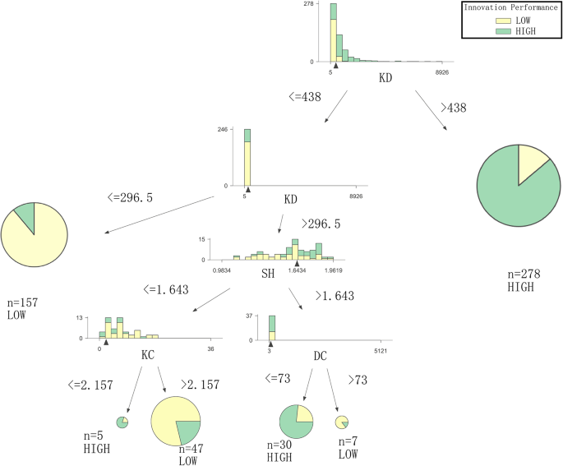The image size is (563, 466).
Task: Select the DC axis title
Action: [323, 355]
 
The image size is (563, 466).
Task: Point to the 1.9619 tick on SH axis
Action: [334, 270]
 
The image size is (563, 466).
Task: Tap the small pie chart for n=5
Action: [122, 422]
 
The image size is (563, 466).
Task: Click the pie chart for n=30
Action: [296, 422]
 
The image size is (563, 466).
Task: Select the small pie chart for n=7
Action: [342, 422]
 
